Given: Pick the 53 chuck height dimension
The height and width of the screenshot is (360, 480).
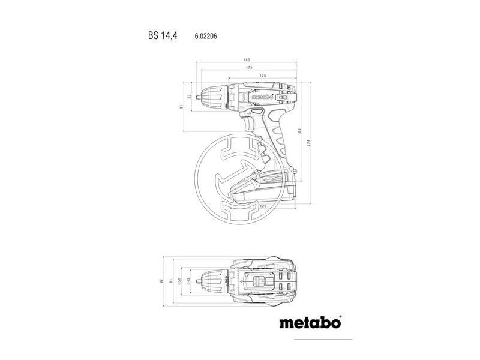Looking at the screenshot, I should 189,96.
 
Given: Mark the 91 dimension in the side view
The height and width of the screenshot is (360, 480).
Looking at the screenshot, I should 181,107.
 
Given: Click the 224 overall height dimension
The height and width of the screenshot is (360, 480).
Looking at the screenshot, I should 310,142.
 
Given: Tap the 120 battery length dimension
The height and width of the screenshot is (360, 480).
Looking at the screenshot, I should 262,206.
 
